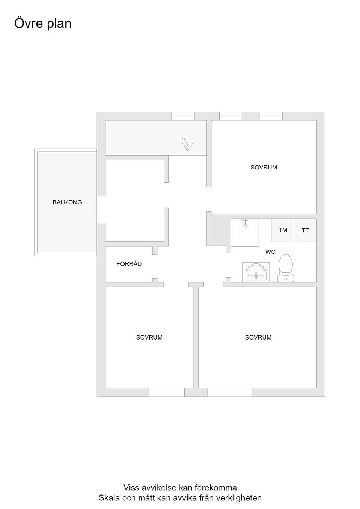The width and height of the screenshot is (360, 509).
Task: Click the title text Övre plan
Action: coord(43,23)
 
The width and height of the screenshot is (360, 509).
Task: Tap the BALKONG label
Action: coord(67,202)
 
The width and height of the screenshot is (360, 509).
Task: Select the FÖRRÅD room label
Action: coord(129,264)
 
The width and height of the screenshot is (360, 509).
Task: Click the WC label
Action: coord(270,252)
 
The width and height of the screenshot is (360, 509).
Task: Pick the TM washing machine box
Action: coord(283,230)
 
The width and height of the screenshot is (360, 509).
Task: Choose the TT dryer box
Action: coord(305,230)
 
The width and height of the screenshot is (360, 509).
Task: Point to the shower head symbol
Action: coord(245,223)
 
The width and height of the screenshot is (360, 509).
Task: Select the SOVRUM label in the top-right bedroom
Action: coord(264,168)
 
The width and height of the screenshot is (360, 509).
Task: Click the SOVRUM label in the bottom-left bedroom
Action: coord(149,337)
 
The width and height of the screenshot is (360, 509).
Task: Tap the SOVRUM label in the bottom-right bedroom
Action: coord(258,337)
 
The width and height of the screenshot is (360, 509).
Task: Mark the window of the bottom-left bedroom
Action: coord(166,392)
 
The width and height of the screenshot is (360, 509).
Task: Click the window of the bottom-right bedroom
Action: coord(230,392)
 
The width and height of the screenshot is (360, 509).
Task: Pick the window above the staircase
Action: coord(183,116)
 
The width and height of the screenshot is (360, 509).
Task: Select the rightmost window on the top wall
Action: coord(271,116)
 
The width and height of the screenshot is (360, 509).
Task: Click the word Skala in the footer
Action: coord(109,498)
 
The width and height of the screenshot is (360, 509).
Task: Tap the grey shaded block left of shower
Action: coord(218,229)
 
